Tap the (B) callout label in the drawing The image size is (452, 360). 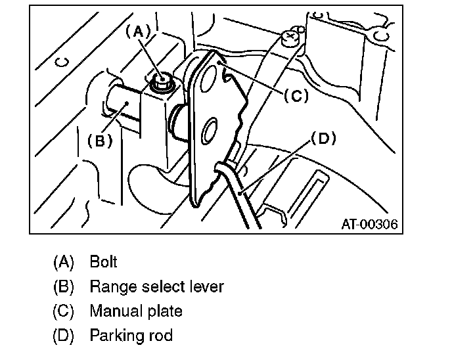pos(99,140)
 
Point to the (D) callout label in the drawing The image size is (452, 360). pos(323,139)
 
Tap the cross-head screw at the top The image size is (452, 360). pos(288,36)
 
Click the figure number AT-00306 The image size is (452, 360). pos(369,224)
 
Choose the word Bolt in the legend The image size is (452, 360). pos(103,261)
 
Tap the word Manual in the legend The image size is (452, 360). pos(114,311)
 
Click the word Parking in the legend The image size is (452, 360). pos(116,336)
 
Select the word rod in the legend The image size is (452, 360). pos(160,336)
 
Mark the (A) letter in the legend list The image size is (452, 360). pos(64,261)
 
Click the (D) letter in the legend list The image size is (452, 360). pos(64,336)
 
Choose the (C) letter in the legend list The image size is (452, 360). pos(64,311)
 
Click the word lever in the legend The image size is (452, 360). pos(204,286)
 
